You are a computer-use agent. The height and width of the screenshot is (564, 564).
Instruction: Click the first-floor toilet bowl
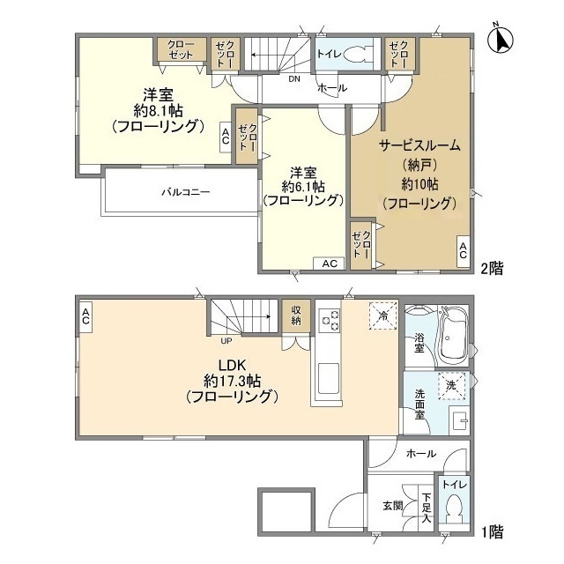(454, 508)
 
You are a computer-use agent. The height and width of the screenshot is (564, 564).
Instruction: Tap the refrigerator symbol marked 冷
(383, 315)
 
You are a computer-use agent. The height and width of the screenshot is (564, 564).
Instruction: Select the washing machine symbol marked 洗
(452, 386)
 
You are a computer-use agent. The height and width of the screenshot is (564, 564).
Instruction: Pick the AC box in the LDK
(85, 316)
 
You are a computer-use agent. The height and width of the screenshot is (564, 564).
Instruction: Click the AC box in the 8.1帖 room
(226, 137)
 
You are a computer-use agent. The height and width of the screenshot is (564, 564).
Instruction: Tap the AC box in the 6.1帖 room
(329, 263)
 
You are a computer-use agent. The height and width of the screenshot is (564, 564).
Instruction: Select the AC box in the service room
(463, 250)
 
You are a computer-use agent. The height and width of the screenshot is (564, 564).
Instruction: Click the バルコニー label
(185, 192)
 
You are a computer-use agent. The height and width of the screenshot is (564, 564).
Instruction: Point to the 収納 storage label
(296, 315)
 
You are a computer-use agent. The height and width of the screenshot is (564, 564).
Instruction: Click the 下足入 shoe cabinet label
(427, 508)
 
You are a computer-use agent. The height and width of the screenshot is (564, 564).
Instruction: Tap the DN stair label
(294, 79)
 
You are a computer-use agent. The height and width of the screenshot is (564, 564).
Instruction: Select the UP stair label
(226, 341)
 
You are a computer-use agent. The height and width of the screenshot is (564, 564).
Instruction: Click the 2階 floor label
(493, 269)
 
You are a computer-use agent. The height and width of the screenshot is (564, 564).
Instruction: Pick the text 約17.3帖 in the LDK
(232, 380)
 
